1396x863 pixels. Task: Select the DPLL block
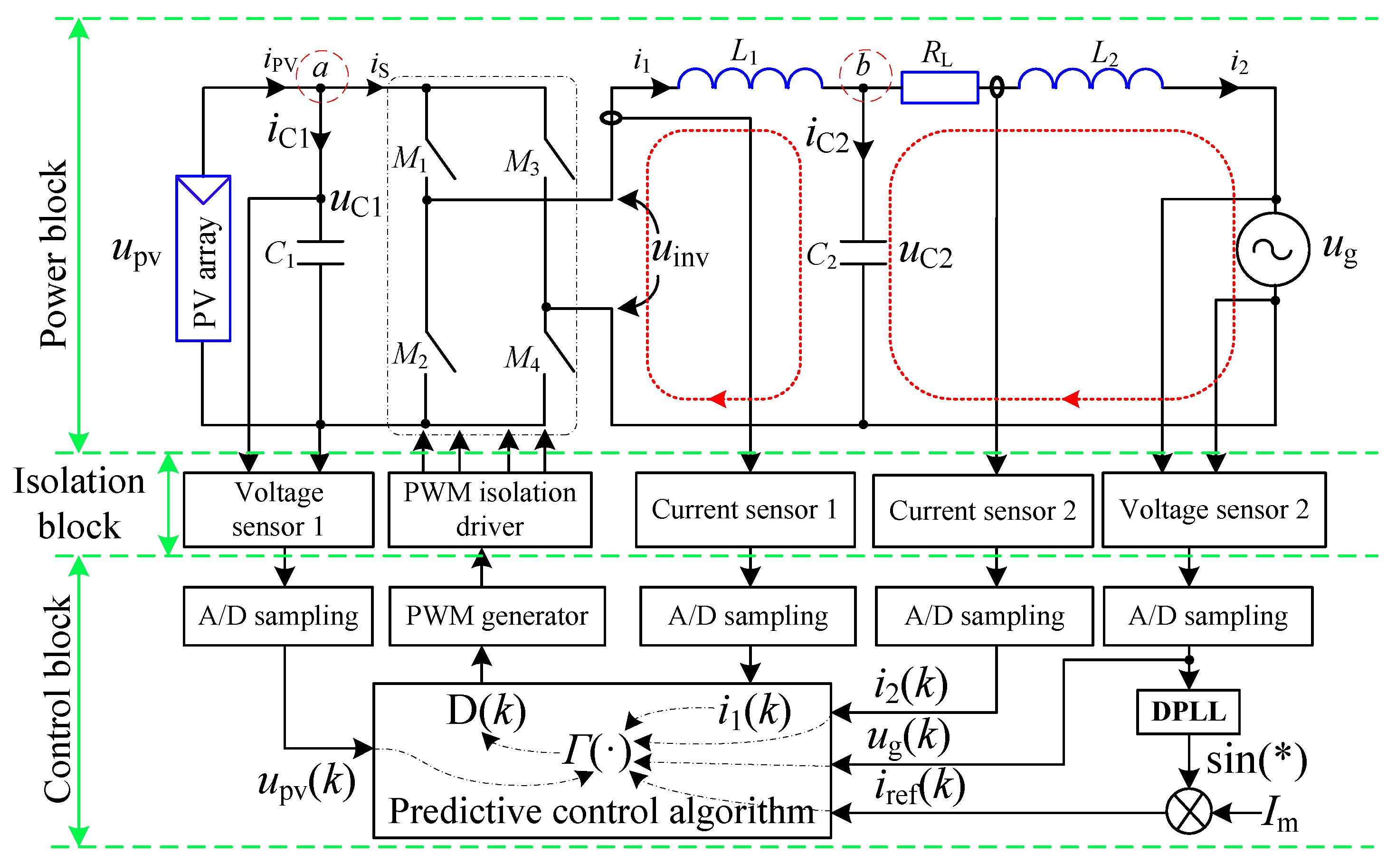tap(1187, 712)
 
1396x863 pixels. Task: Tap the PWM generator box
tap(497, 616)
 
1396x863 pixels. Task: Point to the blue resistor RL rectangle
tap(939, 87)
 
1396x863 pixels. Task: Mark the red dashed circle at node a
tap(322, 76)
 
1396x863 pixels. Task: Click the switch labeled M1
tap(440, 159)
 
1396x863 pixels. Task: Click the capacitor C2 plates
tap(863, 253)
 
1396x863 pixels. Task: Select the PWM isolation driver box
tap(489, 510)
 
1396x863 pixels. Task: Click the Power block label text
tap(54, 254)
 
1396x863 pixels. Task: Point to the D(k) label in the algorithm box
tap(486, 711)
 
